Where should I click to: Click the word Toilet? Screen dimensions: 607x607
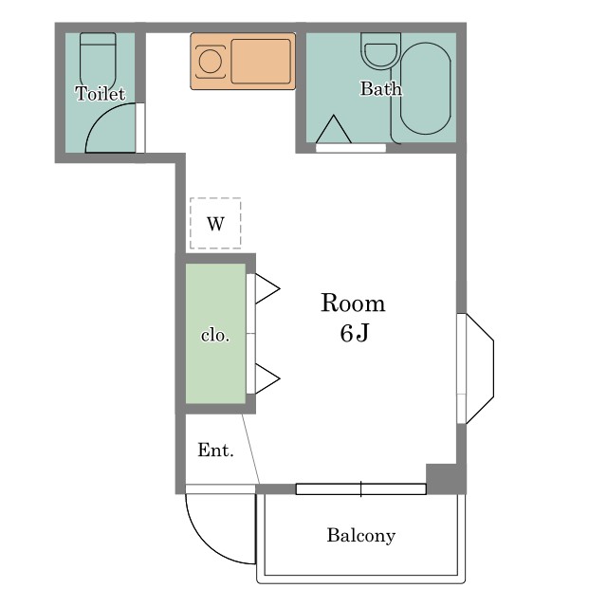[x=101, y=94]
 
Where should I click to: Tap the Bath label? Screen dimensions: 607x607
[x=381, y=88]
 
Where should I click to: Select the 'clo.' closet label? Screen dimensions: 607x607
[x=215, y=335]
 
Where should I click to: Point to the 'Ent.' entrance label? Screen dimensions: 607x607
[x=215, y=450]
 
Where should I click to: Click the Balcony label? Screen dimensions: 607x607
[x=361, y=536]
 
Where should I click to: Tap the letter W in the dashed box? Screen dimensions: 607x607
[x=215, y=224]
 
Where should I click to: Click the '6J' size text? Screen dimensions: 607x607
[x=354, y=333]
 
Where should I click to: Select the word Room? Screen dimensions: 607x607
[x=353, y=303]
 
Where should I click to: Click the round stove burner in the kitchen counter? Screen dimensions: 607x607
[x=211, y=62]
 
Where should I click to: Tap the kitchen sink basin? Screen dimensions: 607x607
[x=261, y=61]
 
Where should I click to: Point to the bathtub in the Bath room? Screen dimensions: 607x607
[x=426, y=88]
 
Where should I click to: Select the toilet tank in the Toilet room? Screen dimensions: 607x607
[x=98, y=39]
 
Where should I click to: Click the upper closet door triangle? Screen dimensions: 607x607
[x=267, y=288]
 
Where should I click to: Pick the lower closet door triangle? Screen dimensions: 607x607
[x=267, y=378]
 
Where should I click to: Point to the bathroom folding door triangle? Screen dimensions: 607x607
[x=334, y=130]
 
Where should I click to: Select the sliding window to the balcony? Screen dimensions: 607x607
[x=360, y=489]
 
